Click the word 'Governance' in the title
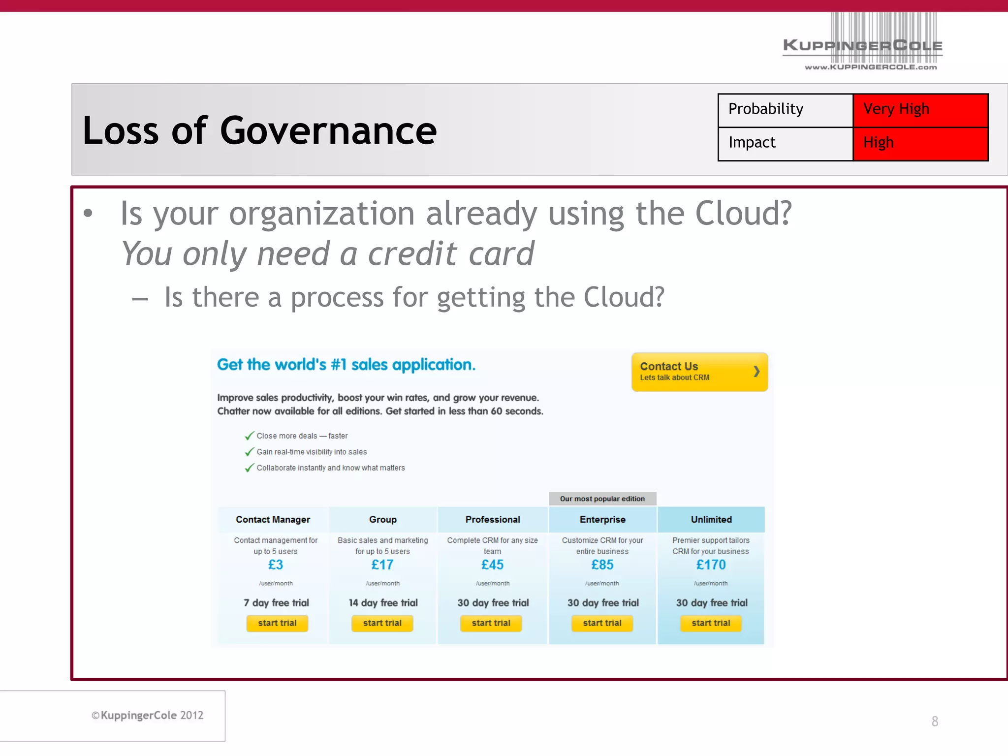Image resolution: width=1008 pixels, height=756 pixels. [x=328, y=131]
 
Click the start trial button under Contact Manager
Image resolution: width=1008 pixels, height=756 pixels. [x=277, y=623]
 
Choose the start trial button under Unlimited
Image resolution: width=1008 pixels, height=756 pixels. [x=711, y=623]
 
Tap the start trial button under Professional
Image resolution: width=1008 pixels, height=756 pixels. [x=491, y=623]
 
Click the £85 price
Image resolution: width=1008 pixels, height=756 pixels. [x=602, y=565]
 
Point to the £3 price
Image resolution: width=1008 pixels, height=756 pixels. [x=276, y=565]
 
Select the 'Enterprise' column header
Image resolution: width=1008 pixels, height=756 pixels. [x=602, y=520]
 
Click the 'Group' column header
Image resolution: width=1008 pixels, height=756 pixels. [x=383, y=520]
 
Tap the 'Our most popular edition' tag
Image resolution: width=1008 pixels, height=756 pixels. [x=602, y=499]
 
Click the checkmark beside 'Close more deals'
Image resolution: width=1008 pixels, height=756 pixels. [x=250, y=436]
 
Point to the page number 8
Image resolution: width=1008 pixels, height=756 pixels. [x=935, y=722]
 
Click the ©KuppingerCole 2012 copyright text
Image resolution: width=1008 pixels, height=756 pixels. [x=148, y=715]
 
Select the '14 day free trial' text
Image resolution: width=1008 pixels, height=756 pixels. [x=383, y=603]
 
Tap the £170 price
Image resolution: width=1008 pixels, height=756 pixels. [x=711, y=565]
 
